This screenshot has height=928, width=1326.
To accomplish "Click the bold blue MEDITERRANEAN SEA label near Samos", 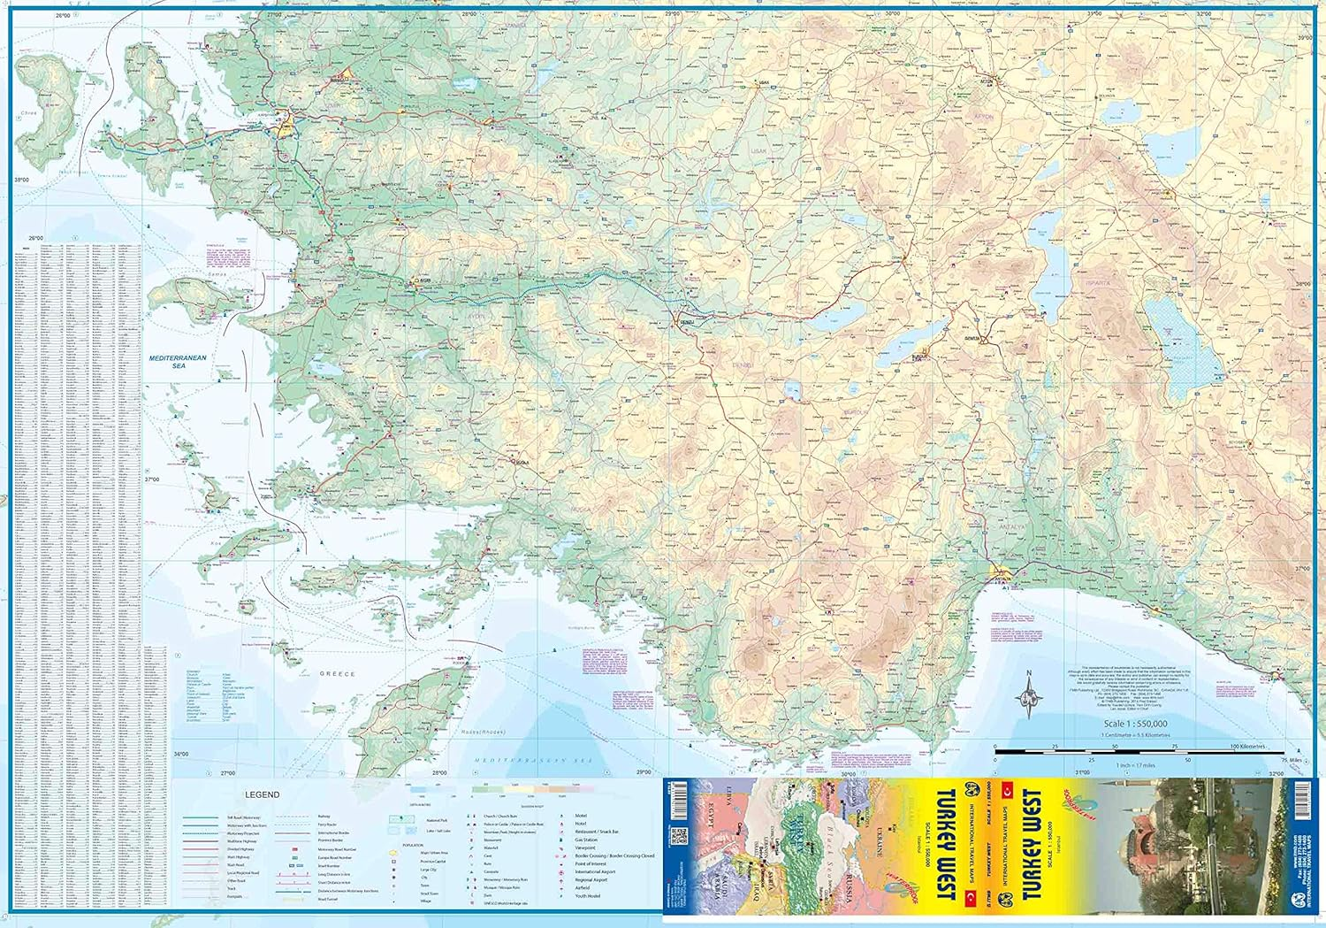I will pyautogui.click(x=177, y=361).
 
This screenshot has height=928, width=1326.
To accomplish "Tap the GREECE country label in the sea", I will pyautogui.click(x=337, y=674).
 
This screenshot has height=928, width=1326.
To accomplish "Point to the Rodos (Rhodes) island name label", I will pyautogui.click(x=483, y=732).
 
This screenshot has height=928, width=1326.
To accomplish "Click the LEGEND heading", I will pyautogui.click(x=262, y=794).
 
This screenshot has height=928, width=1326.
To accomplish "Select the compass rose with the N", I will pyautogui.click(x=1029, y=694).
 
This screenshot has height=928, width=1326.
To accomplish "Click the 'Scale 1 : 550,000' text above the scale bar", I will pyautogui.click(x=1135, y=724).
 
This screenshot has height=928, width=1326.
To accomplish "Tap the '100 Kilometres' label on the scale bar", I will pyautogui.click(x=1246, y=747).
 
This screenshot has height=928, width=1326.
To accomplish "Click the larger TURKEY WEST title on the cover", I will pyautogui.click(x=1031, y=845).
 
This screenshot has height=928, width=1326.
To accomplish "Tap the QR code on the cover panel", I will pyautogui.click(x=678, y=835).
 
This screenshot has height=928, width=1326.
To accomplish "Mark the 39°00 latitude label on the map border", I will pyautogui.click(x=1305, y=38).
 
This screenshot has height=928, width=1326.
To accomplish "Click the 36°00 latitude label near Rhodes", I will pyautogui.click(x=180, y=755).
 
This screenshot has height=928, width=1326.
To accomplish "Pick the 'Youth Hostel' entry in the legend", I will pyautogui.click(x=587, y=896).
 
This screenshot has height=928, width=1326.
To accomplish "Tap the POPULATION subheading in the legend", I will pyautogui.click(x=412, y=845).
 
